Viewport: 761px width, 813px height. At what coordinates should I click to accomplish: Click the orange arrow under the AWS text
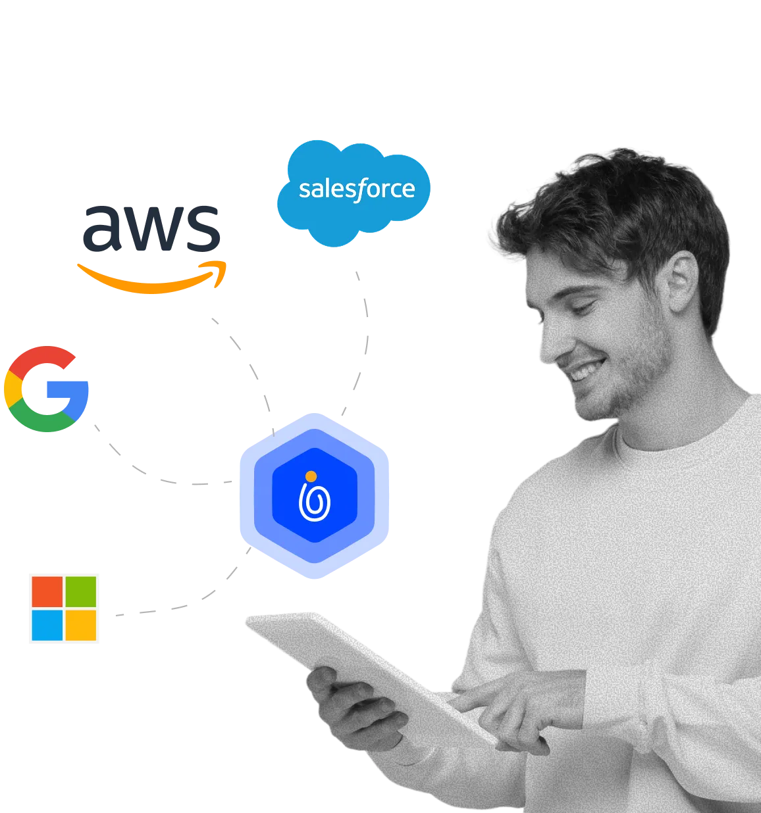[151, 280]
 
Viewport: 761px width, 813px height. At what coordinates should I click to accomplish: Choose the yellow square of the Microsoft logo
[82, 626]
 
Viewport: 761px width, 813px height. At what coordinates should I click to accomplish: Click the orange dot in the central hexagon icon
[311, 476]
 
